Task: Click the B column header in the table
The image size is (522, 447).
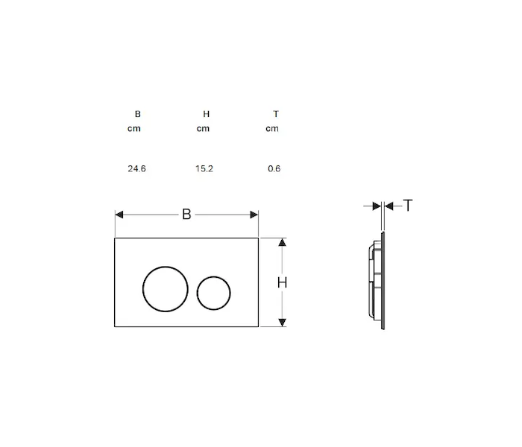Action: click(x=137, y=114)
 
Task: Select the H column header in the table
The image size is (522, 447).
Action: click(x=207, y=114)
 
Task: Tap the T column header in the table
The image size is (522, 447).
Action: click(x=276, y=114)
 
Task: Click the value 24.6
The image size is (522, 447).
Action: click(x=136, y=168)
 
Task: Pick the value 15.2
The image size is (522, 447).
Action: click(x=204, y=168)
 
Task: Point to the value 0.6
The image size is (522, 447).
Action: click(x=274, y=168)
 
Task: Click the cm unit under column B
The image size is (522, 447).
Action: click(x=133, y=129)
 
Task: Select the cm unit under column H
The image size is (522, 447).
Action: click(x=203, y=129)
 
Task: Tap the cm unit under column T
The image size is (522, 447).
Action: click(x=272, y=129)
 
